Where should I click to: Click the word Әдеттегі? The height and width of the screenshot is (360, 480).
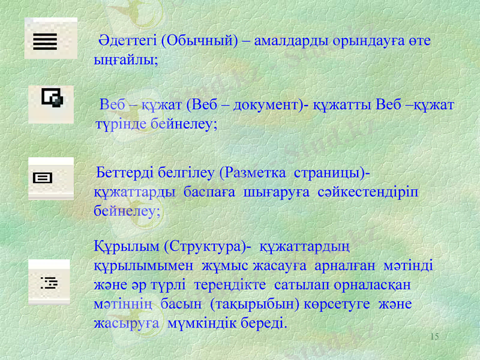(x=128, y=41)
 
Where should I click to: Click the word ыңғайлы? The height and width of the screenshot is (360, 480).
(x=124, y=61)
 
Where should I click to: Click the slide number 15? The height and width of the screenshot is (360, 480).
(x=434, y=337)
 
